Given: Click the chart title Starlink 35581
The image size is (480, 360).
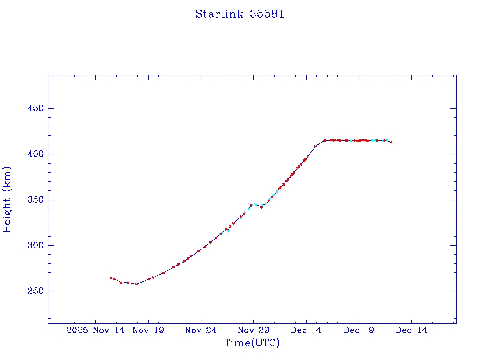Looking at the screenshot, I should [x=240, y=14].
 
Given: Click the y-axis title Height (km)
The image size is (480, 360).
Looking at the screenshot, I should [x=7, y=199].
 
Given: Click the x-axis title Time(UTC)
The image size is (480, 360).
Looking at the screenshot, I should [x=252, y=343].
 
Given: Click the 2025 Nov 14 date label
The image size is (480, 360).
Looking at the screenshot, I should [x=96, y=330].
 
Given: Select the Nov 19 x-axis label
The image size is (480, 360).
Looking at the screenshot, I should [x=148, y=330].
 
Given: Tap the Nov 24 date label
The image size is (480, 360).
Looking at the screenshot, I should [x=201, y=330].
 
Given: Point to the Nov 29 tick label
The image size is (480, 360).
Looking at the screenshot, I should [x=253, y=330].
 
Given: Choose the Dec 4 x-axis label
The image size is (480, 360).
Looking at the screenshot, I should [x=306, y=330].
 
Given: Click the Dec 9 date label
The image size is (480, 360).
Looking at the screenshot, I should [x=359, y=330].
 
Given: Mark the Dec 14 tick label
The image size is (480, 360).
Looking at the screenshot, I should [x=411, y=330].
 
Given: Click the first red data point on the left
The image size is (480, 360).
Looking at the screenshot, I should [x=111, y=277].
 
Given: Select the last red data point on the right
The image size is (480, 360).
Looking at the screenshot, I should [x=391, y=142].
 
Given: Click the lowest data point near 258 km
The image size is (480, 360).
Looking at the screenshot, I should [x=136, y=284].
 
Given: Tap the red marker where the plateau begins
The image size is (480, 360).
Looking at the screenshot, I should [x=324, y=140].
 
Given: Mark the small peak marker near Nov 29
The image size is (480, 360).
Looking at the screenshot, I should [x=251, y=205].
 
